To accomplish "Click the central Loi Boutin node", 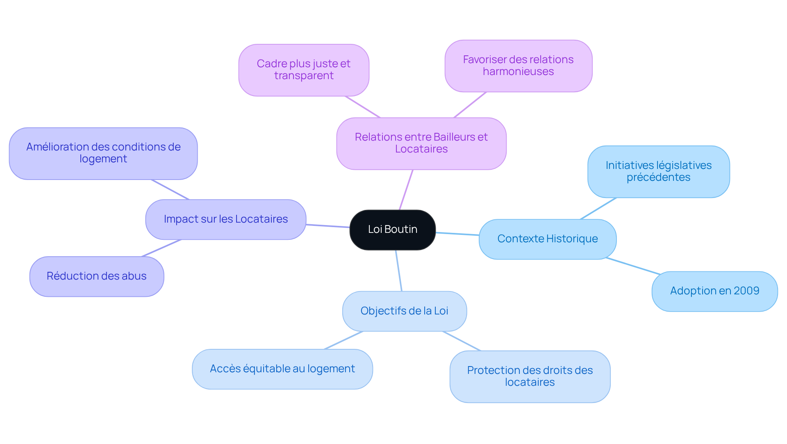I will pos(392,230).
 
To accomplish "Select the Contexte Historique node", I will pos(547,239).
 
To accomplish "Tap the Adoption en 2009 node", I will pos(714,291).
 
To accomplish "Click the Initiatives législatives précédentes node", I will pos(658,171).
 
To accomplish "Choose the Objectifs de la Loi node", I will pos(404,311).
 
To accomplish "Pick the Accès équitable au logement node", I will pos(282,369).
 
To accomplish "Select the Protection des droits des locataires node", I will pos(530,376).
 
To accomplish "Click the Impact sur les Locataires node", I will pos(225,219).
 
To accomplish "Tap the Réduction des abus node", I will pos(96,276).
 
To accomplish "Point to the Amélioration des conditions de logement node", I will pos(103,153).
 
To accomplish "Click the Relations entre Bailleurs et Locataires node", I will pos(421,143).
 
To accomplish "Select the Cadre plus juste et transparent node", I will pos(303,70).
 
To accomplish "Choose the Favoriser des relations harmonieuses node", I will pos(518,66).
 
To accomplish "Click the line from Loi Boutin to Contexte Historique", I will pos(457,234).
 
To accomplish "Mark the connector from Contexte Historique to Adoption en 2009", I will pos(633,266).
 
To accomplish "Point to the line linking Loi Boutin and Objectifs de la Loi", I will pos(398,271).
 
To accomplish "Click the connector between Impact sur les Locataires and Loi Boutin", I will pos(328,226).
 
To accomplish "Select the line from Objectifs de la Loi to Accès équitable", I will pos(343,340).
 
